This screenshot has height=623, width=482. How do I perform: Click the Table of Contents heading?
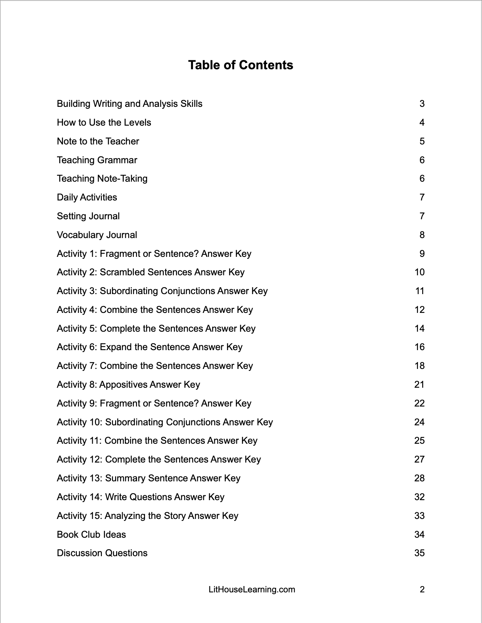(241, 65)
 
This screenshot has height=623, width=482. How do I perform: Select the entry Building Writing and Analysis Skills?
(129, 104)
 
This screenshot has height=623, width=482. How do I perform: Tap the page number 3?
(422, 104)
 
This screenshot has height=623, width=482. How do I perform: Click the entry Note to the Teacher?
(98, 141)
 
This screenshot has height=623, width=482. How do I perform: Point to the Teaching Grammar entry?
(97, 160)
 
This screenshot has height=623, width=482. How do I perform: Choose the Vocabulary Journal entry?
(97, 235)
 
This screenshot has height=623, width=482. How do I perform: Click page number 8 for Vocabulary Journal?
(422, 235)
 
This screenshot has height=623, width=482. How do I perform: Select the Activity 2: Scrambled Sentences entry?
(151, 272)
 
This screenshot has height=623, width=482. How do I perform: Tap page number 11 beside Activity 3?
(420, 291)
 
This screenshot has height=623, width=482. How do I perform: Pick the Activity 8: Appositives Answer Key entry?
(128, 385)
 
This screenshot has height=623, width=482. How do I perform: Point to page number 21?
(419, 385)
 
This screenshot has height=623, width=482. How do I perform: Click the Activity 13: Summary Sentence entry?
(148, 478)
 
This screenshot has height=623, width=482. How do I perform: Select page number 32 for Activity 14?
(419, 497)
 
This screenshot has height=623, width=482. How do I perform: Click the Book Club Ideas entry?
(91, 535)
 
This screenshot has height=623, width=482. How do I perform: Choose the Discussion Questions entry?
(102, 553)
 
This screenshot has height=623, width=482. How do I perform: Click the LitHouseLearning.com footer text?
(252, 590)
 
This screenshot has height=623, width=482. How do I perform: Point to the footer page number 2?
(422, 590)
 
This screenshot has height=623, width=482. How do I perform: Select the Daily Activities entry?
(87, 197)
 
